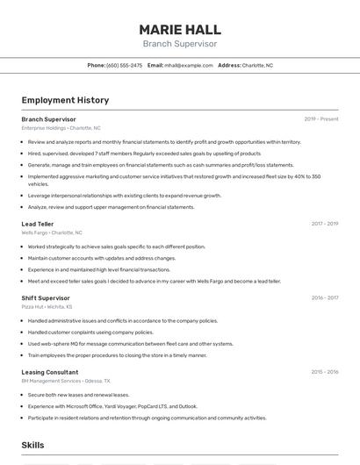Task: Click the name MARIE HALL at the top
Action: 179,29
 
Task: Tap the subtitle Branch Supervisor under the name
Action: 179,44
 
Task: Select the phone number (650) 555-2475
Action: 124,65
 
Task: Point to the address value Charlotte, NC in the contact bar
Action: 257,65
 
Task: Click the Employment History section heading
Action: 65,100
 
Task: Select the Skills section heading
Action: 33,446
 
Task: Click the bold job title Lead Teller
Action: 38,224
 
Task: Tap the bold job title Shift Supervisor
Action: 46,297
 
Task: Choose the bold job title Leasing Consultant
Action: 50,372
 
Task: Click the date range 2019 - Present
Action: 321,118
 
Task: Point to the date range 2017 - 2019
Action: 325,224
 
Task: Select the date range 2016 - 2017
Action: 325,297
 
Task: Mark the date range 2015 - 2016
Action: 325,372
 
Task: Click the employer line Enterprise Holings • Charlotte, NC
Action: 61,127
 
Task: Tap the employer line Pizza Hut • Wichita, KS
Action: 47,307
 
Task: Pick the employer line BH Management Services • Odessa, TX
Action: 66,381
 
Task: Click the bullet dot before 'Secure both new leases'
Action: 23,395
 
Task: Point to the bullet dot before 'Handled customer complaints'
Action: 23,333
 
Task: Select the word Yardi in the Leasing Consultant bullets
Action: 110,406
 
